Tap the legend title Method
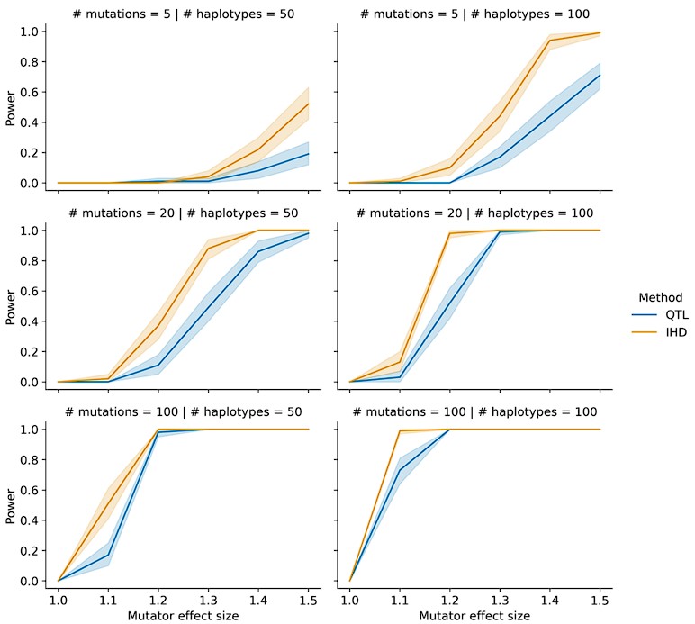tap(660, 297)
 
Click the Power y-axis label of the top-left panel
tap(12, 108)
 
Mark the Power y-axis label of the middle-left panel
tap(12, 307)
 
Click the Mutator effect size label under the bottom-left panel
tap(184, 615)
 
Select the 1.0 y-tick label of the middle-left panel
tap(30, 231)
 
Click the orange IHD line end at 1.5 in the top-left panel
tap(309, 104)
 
